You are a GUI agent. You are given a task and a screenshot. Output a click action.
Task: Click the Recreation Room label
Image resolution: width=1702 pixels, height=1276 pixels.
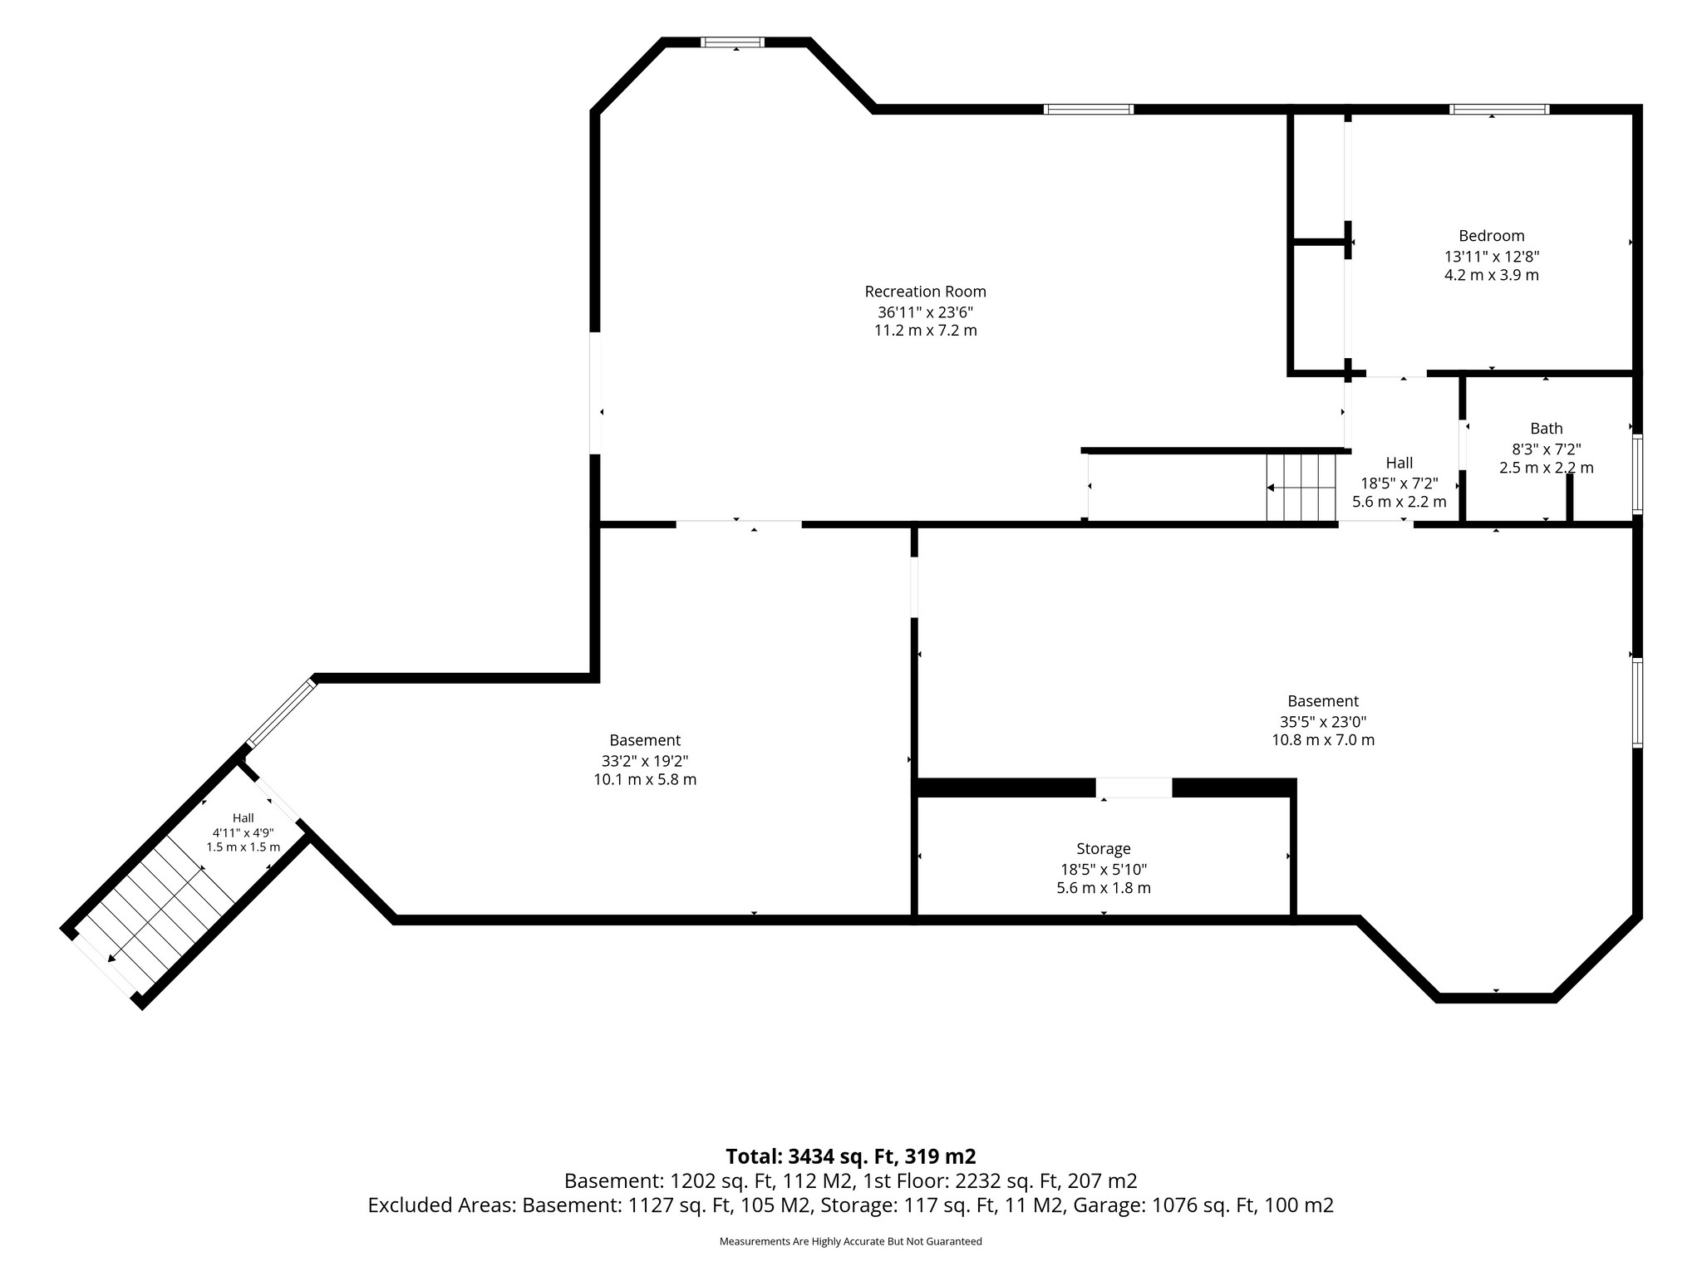tap(925, 292)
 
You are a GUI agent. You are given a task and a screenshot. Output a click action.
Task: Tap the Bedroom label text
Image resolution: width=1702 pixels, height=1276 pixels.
tap(1492, 236)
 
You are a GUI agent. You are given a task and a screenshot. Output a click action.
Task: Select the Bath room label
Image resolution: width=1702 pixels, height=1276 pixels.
tap(1547, 429)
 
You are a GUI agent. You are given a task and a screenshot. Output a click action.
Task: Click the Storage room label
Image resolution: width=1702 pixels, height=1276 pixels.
tap(1104, 849)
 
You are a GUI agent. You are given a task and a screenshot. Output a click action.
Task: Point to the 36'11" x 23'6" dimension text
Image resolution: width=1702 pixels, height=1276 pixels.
tap(925, 312)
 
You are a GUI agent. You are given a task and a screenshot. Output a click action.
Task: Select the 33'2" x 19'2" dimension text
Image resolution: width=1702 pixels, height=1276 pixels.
tap(645, 761)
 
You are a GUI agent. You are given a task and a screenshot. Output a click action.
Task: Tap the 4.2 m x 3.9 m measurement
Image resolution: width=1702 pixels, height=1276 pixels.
tap(1492, 275)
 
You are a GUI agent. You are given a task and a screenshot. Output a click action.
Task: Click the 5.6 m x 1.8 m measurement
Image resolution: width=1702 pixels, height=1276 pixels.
tap(1104, 888)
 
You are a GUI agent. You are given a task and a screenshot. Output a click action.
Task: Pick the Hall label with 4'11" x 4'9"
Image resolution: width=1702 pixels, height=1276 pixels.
tap(243, 818)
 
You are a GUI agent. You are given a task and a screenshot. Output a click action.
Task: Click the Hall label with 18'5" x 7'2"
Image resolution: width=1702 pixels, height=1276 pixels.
tap(1399, 463)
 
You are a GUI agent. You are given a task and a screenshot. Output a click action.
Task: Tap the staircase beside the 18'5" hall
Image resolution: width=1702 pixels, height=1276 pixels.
tap(1301, 488)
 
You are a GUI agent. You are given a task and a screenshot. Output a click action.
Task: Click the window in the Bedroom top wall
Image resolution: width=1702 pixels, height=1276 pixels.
tap(1500, 109)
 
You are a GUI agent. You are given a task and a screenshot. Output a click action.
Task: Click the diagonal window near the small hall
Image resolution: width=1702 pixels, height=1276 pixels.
tap(282, 713)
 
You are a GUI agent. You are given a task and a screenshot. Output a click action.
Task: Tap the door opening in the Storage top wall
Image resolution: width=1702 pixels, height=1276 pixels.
tap(1134, 788)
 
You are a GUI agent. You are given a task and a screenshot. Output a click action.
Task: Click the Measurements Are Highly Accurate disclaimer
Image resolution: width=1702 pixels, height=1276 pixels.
tap(851, 1242)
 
